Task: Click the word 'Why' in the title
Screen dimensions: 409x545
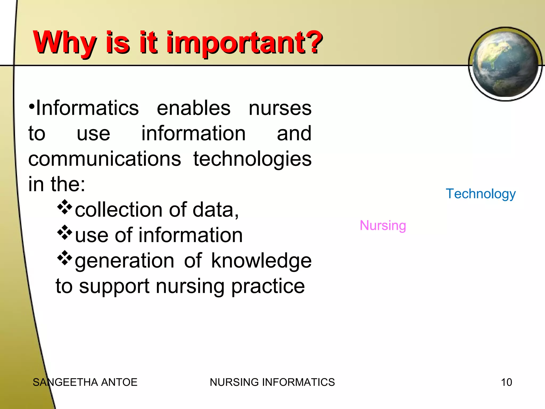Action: [x=64, y=43]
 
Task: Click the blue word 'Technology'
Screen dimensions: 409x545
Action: [x=481, y=194]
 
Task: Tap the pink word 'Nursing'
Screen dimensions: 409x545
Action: [x=383, y=226]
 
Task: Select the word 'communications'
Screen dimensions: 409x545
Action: [x=105, y=159]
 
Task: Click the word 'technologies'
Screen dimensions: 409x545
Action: [x=252, y=159]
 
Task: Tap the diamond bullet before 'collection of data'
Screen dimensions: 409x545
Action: [x=65, y=207]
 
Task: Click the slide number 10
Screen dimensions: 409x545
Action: [x=506, y=382]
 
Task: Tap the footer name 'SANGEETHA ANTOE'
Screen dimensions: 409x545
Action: [x=85, y=382]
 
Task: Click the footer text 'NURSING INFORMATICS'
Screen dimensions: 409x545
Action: [x=272, y=382]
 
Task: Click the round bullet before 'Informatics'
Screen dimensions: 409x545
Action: [x=32, y=107]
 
